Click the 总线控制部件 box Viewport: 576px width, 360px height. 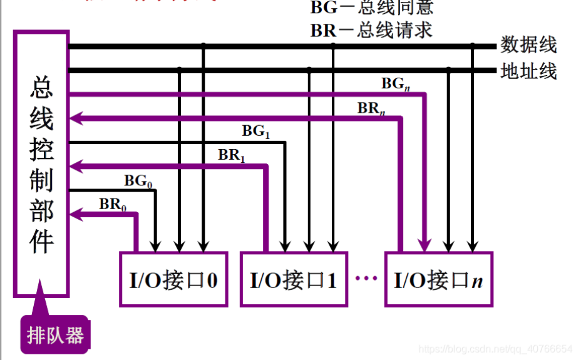41,163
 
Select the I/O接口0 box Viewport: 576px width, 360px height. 173,279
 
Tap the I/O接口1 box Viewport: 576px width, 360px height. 293,279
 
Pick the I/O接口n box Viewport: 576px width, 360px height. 438,279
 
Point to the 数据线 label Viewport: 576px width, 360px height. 528,45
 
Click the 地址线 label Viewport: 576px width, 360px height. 528,71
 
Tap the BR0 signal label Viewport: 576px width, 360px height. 112,205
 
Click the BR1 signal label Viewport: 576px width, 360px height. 231,155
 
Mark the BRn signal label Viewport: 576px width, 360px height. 371,108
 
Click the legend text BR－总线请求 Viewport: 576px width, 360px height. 371,29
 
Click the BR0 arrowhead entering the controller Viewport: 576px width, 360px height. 75,215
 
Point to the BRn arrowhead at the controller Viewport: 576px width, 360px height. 75,118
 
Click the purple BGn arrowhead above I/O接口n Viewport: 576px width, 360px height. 425,244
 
